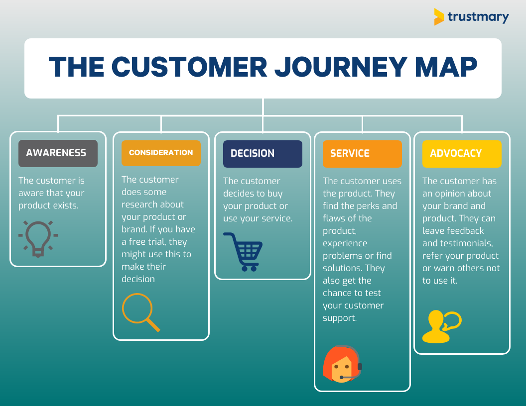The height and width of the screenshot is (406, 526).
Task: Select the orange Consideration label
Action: point(161,153)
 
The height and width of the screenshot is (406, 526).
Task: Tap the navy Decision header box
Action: point(263,154)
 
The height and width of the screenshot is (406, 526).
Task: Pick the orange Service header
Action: point(362,154)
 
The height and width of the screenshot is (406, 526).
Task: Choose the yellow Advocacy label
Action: point(462,154)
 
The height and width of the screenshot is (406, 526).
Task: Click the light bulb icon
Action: point(38,238)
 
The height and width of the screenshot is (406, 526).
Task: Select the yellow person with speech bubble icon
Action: point(441,326)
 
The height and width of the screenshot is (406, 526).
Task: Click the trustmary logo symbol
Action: point(438,17)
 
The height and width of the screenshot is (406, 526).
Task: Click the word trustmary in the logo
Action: point(478,17)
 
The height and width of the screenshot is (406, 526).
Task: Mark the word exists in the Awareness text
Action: point(66,205)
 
